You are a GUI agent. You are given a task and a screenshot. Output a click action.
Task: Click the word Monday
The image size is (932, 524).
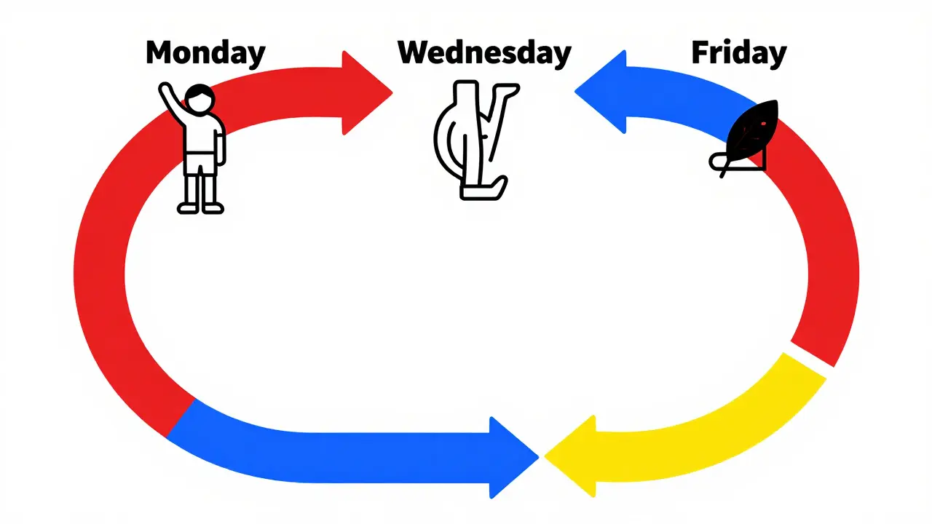pos(205,54)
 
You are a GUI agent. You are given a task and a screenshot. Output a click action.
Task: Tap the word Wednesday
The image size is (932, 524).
pos(484,54)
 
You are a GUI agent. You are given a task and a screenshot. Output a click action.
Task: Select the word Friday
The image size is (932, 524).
pos(739,54)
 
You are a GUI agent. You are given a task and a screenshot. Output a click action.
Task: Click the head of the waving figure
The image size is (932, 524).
pos(200,99)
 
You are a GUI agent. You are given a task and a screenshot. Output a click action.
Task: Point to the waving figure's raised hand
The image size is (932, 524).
pos(165,89)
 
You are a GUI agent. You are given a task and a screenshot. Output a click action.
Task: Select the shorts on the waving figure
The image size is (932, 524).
pos(200,164)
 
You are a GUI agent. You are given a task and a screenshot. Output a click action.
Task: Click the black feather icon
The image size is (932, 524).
pos(745,138)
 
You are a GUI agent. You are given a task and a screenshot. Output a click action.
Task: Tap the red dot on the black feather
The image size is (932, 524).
pos(764,124)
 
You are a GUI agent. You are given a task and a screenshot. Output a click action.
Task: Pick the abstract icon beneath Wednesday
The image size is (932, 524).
pos(476,140)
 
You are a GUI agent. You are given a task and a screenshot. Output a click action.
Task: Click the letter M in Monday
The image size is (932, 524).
pos(160,52)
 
